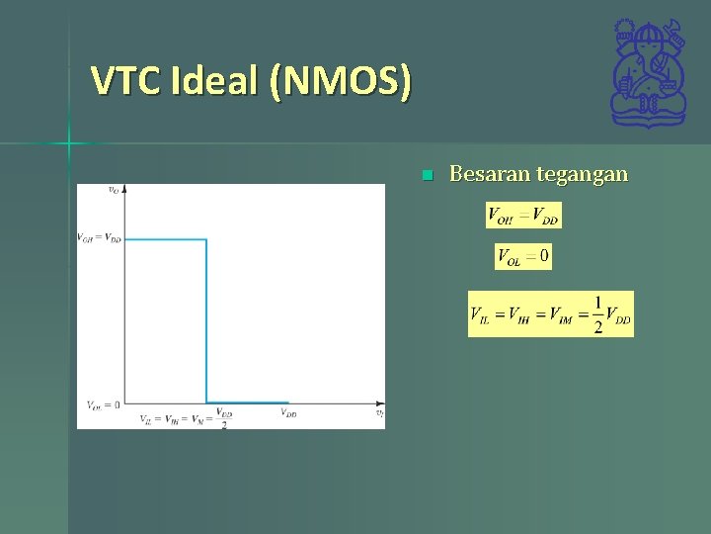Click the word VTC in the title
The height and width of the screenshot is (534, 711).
tap(125, 80)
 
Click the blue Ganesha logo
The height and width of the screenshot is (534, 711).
tap(648, 73)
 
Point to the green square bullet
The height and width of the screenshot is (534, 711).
tap(427, 176)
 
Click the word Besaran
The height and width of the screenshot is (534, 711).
tap(489, 175)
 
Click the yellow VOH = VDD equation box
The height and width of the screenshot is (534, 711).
tap(523, 215)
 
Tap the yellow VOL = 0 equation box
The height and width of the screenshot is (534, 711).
tap(523, 257)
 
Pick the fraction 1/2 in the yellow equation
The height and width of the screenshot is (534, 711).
tap(597, 314)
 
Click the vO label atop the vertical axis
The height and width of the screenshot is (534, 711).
tap(115, 190)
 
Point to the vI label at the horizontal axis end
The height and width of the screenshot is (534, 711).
tap(379, 414)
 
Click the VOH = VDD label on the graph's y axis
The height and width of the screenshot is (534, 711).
tap(99, 238)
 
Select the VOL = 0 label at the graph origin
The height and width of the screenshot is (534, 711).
tap(103, 403)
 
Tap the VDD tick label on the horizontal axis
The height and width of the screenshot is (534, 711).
tap(288, 414)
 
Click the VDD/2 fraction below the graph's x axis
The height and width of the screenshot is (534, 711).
tap(225, 419)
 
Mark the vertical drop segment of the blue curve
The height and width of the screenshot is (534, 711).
tap(206, 321)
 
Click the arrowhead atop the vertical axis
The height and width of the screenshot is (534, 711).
tap(124, 189)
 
